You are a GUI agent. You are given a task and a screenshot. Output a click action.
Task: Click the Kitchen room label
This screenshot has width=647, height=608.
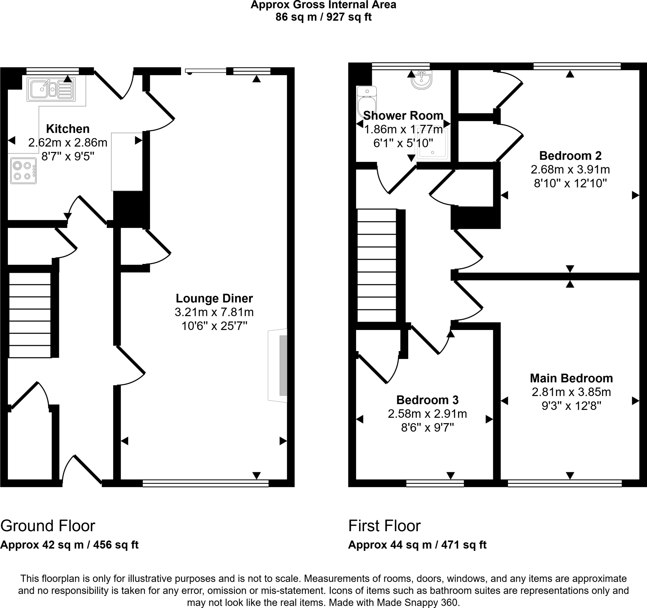click(68, 129)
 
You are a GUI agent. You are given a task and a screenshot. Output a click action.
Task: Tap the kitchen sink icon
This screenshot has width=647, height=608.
click(51, 89)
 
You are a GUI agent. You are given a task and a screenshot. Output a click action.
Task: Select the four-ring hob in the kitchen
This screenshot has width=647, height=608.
click(23, 171)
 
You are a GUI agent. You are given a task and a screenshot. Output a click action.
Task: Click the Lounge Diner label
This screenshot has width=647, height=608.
click(214, 298)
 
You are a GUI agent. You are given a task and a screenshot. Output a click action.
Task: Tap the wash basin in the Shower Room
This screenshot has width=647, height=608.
click(422, 80)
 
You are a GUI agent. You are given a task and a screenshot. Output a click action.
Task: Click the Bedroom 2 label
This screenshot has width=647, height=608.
click(570, 155)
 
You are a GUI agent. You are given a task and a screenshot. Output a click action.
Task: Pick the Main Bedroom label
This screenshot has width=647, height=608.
click(571, 378)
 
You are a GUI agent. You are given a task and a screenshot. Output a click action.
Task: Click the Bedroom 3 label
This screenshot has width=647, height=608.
click(427, 400)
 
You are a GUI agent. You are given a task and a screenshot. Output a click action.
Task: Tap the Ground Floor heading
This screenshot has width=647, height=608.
click(47, 526)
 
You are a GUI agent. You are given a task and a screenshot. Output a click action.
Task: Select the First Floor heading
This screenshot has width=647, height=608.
click(384, 526)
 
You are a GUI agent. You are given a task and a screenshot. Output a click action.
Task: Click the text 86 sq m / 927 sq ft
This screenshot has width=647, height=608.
click(323, 17)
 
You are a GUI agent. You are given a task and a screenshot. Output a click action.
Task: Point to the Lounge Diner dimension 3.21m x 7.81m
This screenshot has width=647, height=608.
click(214, 312)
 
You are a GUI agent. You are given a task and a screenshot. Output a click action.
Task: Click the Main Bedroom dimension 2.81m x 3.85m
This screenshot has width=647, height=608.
click(571, 392)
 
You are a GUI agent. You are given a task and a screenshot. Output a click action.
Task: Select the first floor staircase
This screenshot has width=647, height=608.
click(377, 265)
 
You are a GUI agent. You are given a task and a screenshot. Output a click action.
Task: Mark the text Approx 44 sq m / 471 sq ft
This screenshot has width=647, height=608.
click(417, 545)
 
